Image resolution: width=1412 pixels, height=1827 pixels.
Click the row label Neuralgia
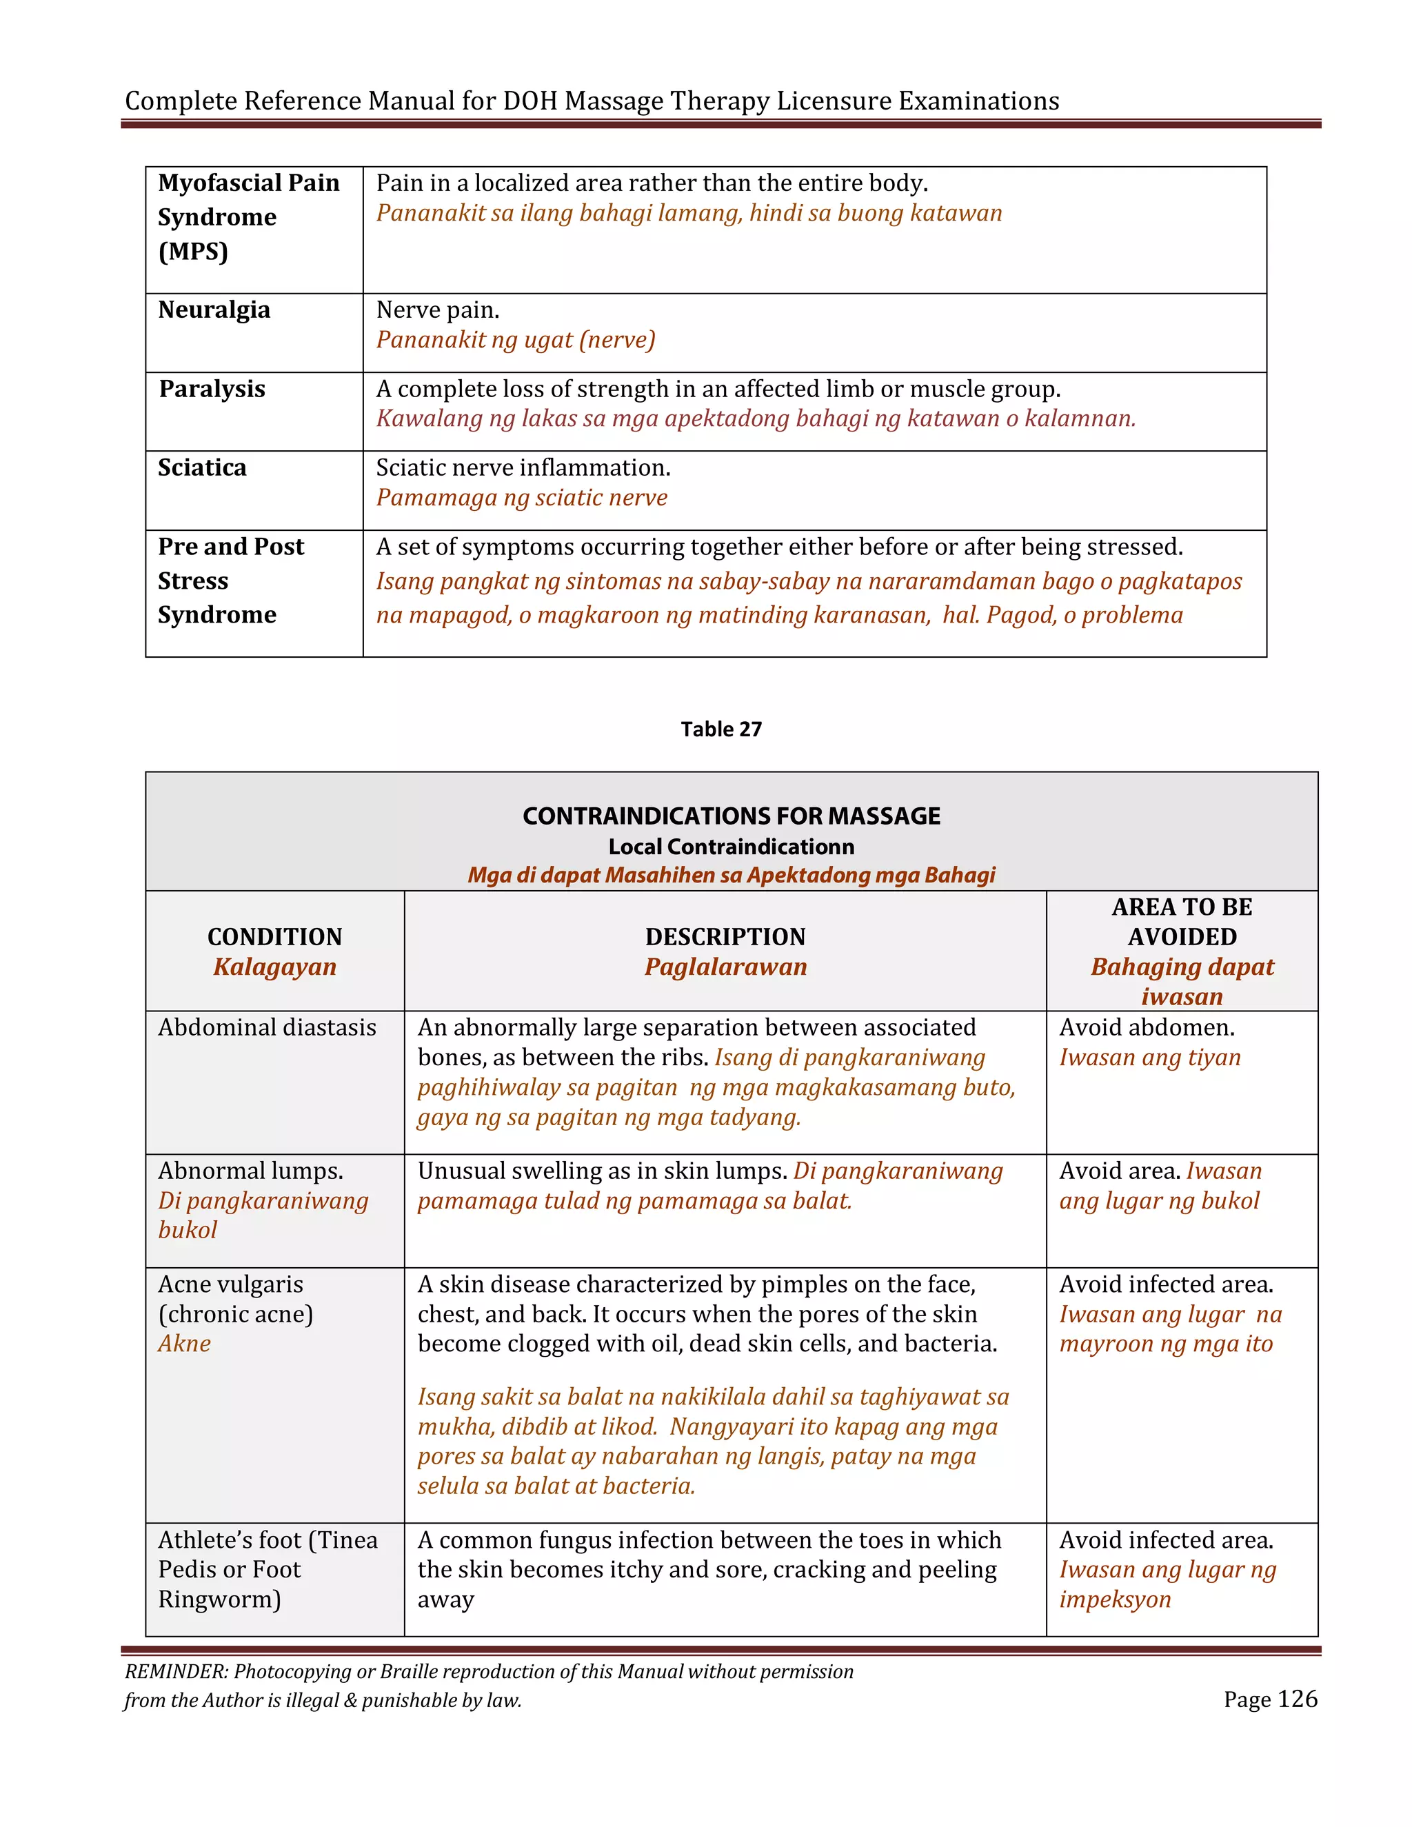coord(214,310)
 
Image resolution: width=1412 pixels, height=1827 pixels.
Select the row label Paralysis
coord(212,389)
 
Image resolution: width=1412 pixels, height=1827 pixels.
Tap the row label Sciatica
coord(203,467)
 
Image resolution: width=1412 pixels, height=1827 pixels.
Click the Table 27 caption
coord(721,729)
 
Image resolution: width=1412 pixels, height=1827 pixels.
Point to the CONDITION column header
coord(274,936)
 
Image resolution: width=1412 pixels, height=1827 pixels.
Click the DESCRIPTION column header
coord(725,936)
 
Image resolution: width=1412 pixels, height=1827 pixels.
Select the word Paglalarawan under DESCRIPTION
coord(725,967)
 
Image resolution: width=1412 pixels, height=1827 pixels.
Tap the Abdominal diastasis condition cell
coord(267,1027)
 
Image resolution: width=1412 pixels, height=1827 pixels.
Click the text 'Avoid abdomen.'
coord(1147,1027)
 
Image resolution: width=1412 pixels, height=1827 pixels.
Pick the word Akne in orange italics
coord(185,1344)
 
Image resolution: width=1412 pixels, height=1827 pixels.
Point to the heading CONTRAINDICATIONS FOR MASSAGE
coord(731,816)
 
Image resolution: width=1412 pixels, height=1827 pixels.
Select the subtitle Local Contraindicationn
coord(731,847)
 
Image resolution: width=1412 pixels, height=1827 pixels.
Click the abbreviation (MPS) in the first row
coord(193,251)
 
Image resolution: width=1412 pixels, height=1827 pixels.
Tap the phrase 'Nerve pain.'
coord(438,310)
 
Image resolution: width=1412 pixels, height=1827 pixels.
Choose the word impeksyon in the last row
coord(1115,1599)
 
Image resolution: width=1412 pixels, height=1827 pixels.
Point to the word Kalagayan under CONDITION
coord(274,967)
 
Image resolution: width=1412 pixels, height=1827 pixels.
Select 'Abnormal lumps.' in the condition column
coord(251,1171)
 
